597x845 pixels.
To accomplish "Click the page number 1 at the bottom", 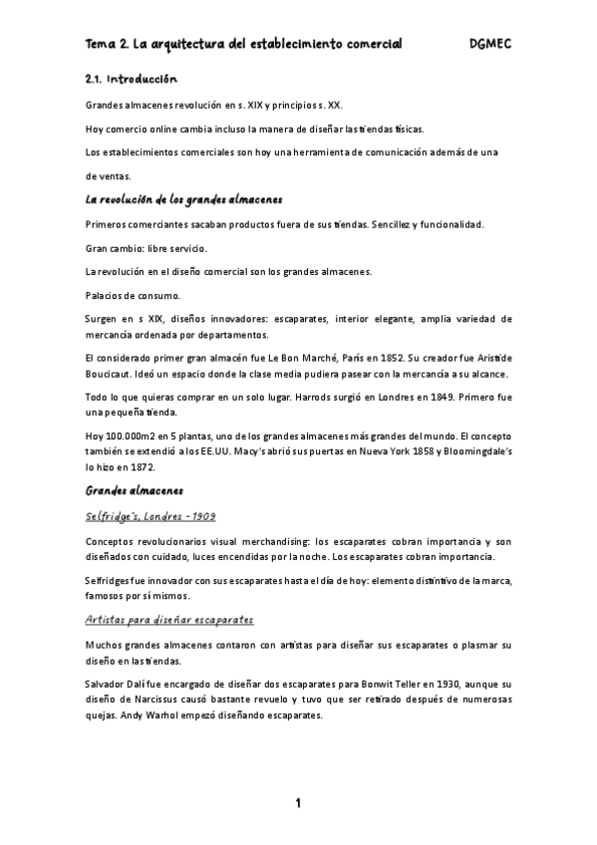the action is point(298,803).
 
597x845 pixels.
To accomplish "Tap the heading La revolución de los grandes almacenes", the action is point(184,199).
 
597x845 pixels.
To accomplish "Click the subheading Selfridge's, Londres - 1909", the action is point(150,515).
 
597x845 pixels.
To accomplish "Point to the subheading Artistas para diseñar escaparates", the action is point(169,619).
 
